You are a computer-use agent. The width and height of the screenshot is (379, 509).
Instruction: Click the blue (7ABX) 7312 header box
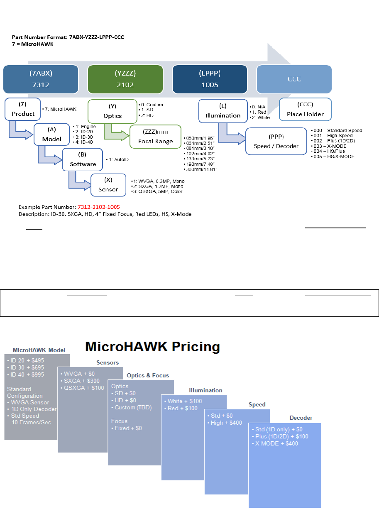[41, 78]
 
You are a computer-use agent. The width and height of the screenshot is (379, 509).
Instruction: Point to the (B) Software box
[83, 159]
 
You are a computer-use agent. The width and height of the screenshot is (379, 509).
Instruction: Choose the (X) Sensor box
[108, 185]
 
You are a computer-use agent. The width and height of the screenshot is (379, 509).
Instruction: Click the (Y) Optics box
[112, 111]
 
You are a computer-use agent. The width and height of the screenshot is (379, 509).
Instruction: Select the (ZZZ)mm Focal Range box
[155, 137]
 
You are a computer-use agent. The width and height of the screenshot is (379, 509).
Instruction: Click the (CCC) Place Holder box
[305, 110]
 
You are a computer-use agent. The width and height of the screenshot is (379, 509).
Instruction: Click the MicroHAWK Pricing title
[152, 347]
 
